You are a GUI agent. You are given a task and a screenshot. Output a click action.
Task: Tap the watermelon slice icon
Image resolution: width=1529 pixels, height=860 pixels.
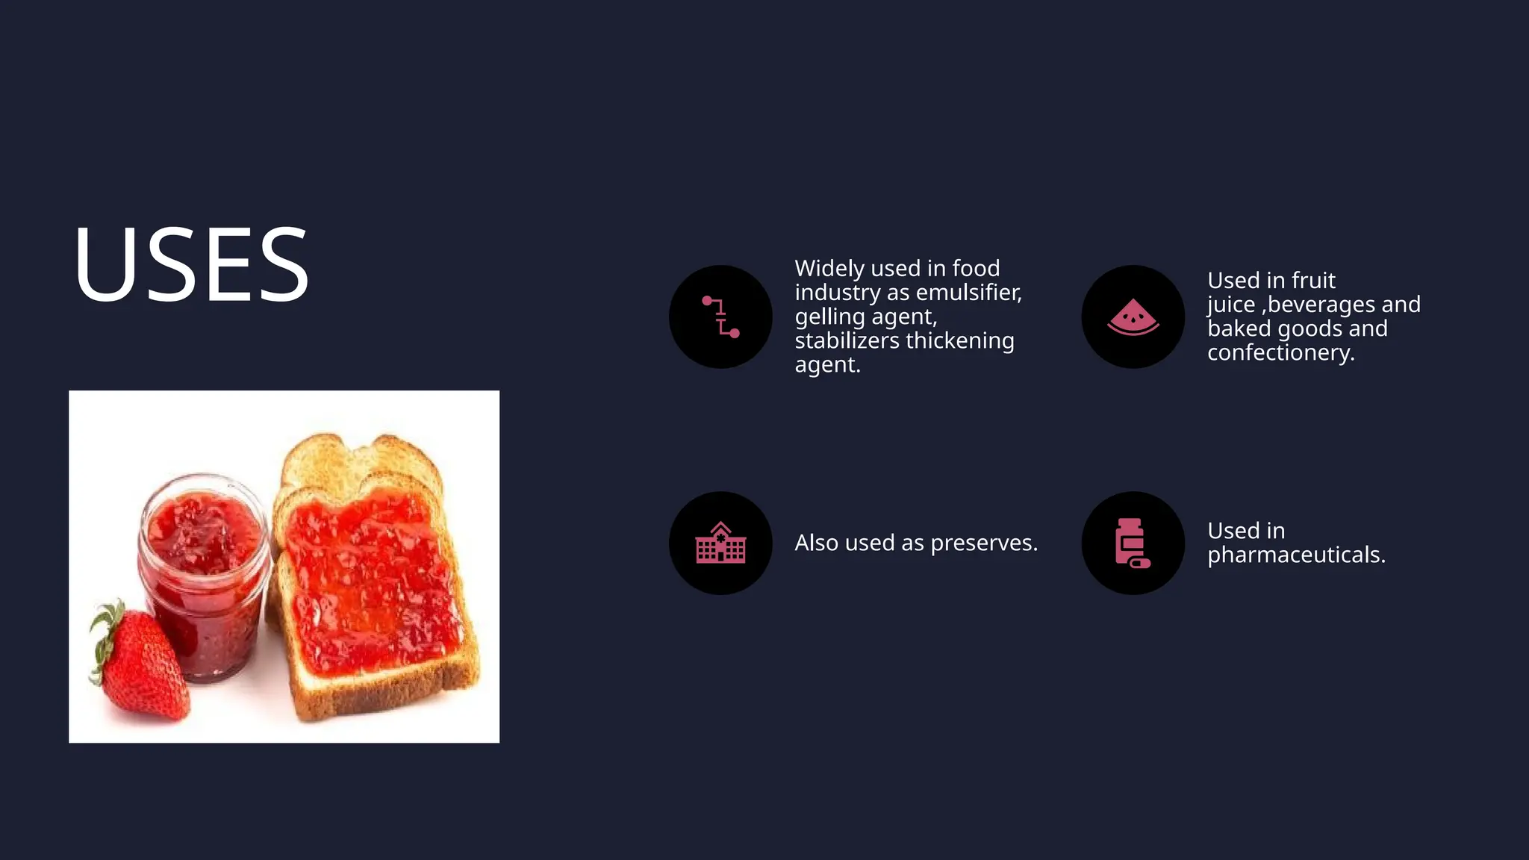pos(1133,317)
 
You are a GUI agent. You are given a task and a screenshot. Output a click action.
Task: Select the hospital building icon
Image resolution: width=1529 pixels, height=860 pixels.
pos(720,543)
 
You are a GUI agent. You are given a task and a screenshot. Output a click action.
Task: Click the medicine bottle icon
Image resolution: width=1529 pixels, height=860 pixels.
pos(1132,543)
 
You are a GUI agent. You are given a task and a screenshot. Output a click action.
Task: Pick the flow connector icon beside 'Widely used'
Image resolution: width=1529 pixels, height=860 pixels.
pos(720,317)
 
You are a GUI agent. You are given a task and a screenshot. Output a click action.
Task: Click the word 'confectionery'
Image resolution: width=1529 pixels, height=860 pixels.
pos(1280,352)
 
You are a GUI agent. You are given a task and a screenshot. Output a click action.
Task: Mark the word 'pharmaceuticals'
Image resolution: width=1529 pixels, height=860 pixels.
pos(1295,555)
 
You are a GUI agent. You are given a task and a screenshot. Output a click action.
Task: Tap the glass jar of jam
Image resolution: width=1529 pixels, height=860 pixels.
pos(203,575)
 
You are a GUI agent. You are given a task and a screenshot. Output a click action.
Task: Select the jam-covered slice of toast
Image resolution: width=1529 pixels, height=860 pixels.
pos(373,582)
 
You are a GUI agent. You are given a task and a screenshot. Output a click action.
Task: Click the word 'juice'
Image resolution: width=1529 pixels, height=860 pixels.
pos(1231,305)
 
